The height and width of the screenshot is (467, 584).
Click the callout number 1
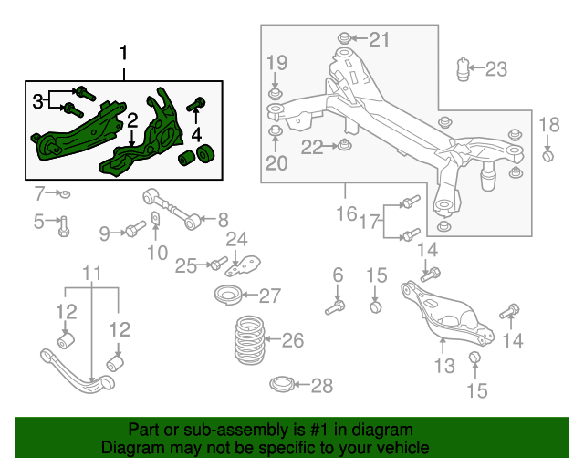[x=125, y=55]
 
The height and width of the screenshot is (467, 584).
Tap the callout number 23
[x=495, y=68]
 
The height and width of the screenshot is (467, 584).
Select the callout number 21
[x=379, y=38]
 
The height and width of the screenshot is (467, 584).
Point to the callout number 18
[x=548, y=125]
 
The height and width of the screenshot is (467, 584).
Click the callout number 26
[x=292, y=341]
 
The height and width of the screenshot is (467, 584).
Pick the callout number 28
[x=297, y=387]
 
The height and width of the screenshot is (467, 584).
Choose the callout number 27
[x=270, y=296]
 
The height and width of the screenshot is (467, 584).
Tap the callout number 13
[x=443, y=367]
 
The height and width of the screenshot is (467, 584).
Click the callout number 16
[x=346, y=214]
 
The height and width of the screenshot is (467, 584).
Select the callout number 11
[x=92, y=273]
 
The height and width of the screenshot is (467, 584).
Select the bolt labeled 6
[x=334, y=306]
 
